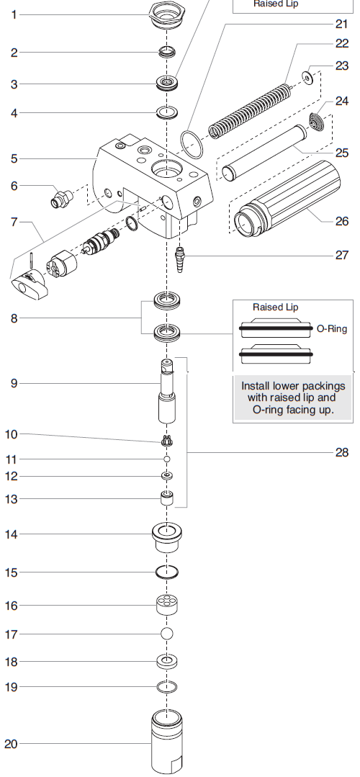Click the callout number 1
(x=14, y=14)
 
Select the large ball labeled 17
(x=167, y=634)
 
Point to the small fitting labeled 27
(x=181, y=256)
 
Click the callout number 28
(x=341, y=452)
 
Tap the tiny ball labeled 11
(x=166, y=459)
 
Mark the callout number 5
(x=14, y=158)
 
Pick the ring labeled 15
(x=167, y=572)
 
